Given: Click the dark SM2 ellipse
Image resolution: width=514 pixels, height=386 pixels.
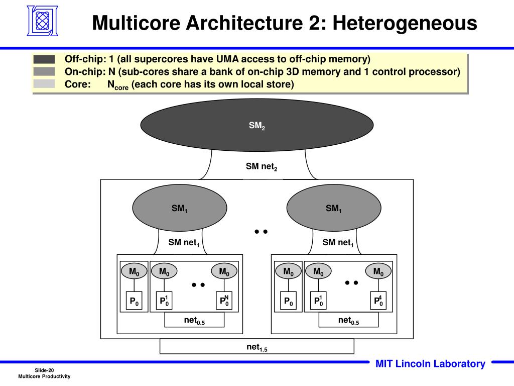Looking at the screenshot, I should coord(256,125).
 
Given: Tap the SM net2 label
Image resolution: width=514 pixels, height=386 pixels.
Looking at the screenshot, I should coord(261,166).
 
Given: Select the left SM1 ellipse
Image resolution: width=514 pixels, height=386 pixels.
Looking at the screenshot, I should coord(179,208).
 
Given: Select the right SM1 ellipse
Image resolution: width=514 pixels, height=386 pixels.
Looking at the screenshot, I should coord(333,208).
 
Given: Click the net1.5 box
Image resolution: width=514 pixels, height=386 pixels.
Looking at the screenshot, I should coord(256,346).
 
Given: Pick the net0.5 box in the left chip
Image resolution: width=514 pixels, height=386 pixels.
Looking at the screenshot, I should coord(194,320).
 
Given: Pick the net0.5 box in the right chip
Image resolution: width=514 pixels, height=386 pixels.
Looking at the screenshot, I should coord(348,320).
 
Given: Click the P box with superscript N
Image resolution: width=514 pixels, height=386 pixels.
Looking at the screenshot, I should coord(224,301).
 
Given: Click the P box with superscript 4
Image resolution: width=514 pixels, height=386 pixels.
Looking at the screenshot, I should coord(378,301).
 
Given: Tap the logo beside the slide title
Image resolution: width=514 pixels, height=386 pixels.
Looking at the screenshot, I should coord(42,21).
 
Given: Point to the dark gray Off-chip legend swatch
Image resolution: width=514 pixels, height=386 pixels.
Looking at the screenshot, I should coord(44,59).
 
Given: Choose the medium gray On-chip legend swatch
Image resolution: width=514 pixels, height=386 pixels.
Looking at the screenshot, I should coord(44,71).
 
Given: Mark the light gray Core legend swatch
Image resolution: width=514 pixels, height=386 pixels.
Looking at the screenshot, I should coord(44,84).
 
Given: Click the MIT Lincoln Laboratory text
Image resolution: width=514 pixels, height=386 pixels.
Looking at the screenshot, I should coord(430,364).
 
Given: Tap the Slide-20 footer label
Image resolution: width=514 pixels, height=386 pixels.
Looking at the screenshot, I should coord(44,370).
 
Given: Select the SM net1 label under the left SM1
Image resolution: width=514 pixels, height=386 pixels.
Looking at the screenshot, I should coord(184,243).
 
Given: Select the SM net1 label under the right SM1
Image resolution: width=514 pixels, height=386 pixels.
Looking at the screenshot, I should coord(338,243).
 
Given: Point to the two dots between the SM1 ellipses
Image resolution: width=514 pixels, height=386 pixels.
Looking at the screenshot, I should coord(261,232).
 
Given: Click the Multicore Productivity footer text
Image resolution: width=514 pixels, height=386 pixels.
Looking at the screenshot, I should coord(44,376).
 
